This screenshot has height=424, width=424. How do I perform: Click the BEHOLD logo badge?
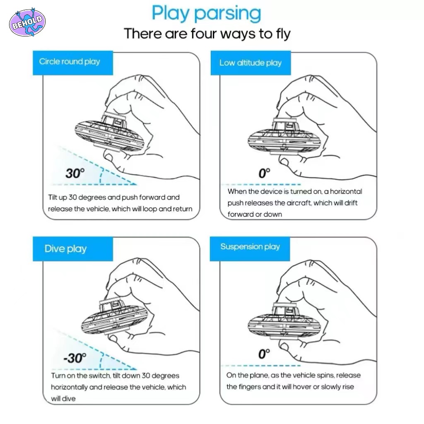tap(27, 22)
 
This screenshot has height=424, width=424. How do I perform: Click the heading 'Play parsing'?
tap(206, 14)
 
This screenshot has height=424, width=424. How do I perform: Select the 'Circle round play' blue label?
tap(73, 63)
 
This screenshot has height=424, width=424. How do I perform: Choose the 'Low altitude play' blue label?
tap(251, 63)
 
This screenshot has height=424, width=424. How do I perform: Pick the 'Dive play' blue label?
tap(73, 249)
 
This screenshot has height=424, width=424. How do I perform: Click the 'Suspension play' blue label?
tap(250, 249)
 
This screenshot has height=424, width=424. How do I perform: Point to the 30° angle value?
tap(75, 173)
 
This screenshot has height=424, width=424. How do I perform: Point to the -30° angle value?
tap(75, 358)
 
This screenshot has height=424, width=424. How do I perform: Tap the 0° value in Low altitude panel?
tap(264, 173)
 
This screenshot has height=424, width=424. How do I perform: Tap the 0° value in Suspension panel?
tap(264, 354)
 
